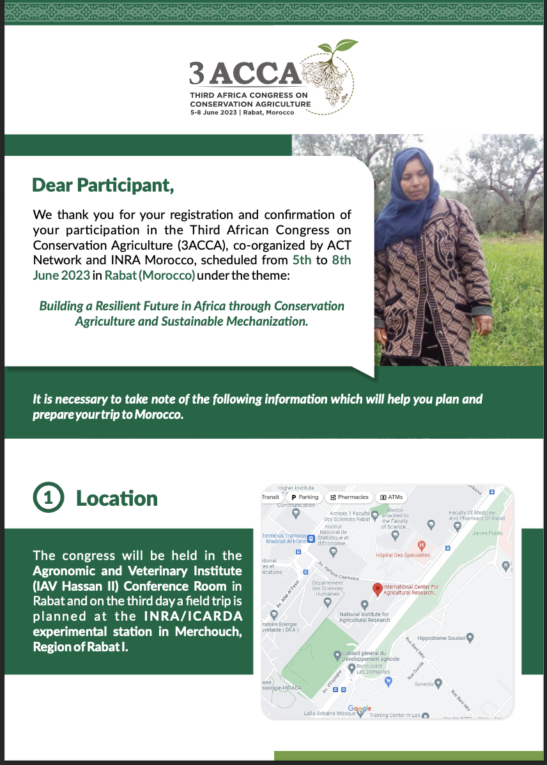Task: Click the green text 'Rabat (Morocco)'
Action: pyautogui.click(x=150, y=275)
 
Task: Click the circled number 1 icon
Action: pyautogui.click(x=48, y=499)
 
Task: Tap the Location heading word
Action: pyautogui.click(x=117, y=499)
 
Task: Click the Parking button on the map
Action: pyautogui.click(x=305, y=497)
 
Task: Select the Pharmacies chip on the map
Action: pyautogui.click(x=348, y=497)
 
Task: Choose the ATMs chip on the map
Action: pyautogui.click(x=391, y=497)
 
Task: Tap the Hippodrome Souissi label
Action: pyautogui.click(x=441, y=637)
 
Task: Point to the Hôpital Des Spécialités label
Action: pyautogui.click(x=403, y=555)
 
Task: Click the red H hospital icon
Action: pyautogui.click(x=421, y=545)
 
